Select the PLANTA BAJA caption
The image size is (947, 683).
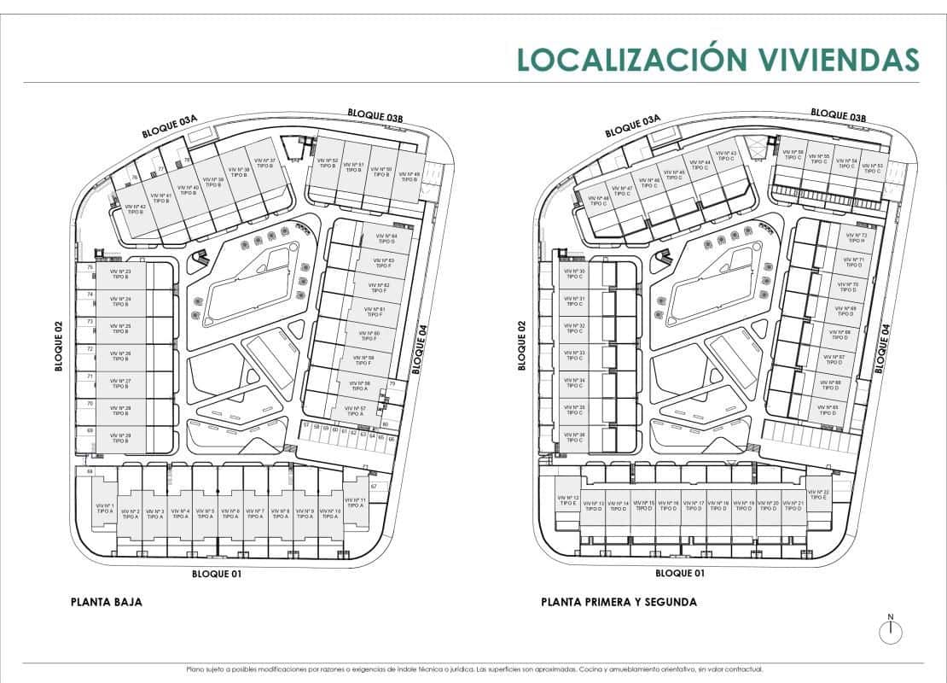(x=106, y=602)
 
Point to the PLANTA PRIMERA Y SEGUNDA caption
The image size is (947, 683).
(x=619, y=602)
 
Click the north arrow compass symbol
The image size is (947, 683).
(x=890, y=629)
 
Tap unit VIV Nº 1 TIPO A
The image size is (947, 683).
(x=104, y=509)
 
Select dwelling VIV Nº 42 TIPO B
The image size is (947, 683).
(x=135, y=208)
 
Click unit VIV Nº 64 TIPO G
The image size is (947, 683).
(x=386, y=238)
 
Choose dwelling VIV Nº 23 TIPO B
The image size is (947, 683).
(x=120, y=274)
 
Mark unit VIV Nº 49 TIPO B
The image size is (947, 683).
(x=410, y=177)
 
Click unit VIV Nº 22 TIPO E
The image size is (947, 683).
(x=818, y=495)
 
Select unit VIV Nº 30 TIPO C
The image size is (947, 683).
(x=574, y=274)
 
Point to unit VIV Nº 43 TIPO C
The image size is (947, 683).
(x=726, y=155)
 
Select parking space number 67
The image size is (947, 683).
(x=374, y=487)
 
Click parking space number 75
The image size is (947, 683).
(x=90, y=267)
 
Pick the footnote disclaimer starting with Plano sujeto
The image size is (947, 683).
(x=473, y=669)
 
